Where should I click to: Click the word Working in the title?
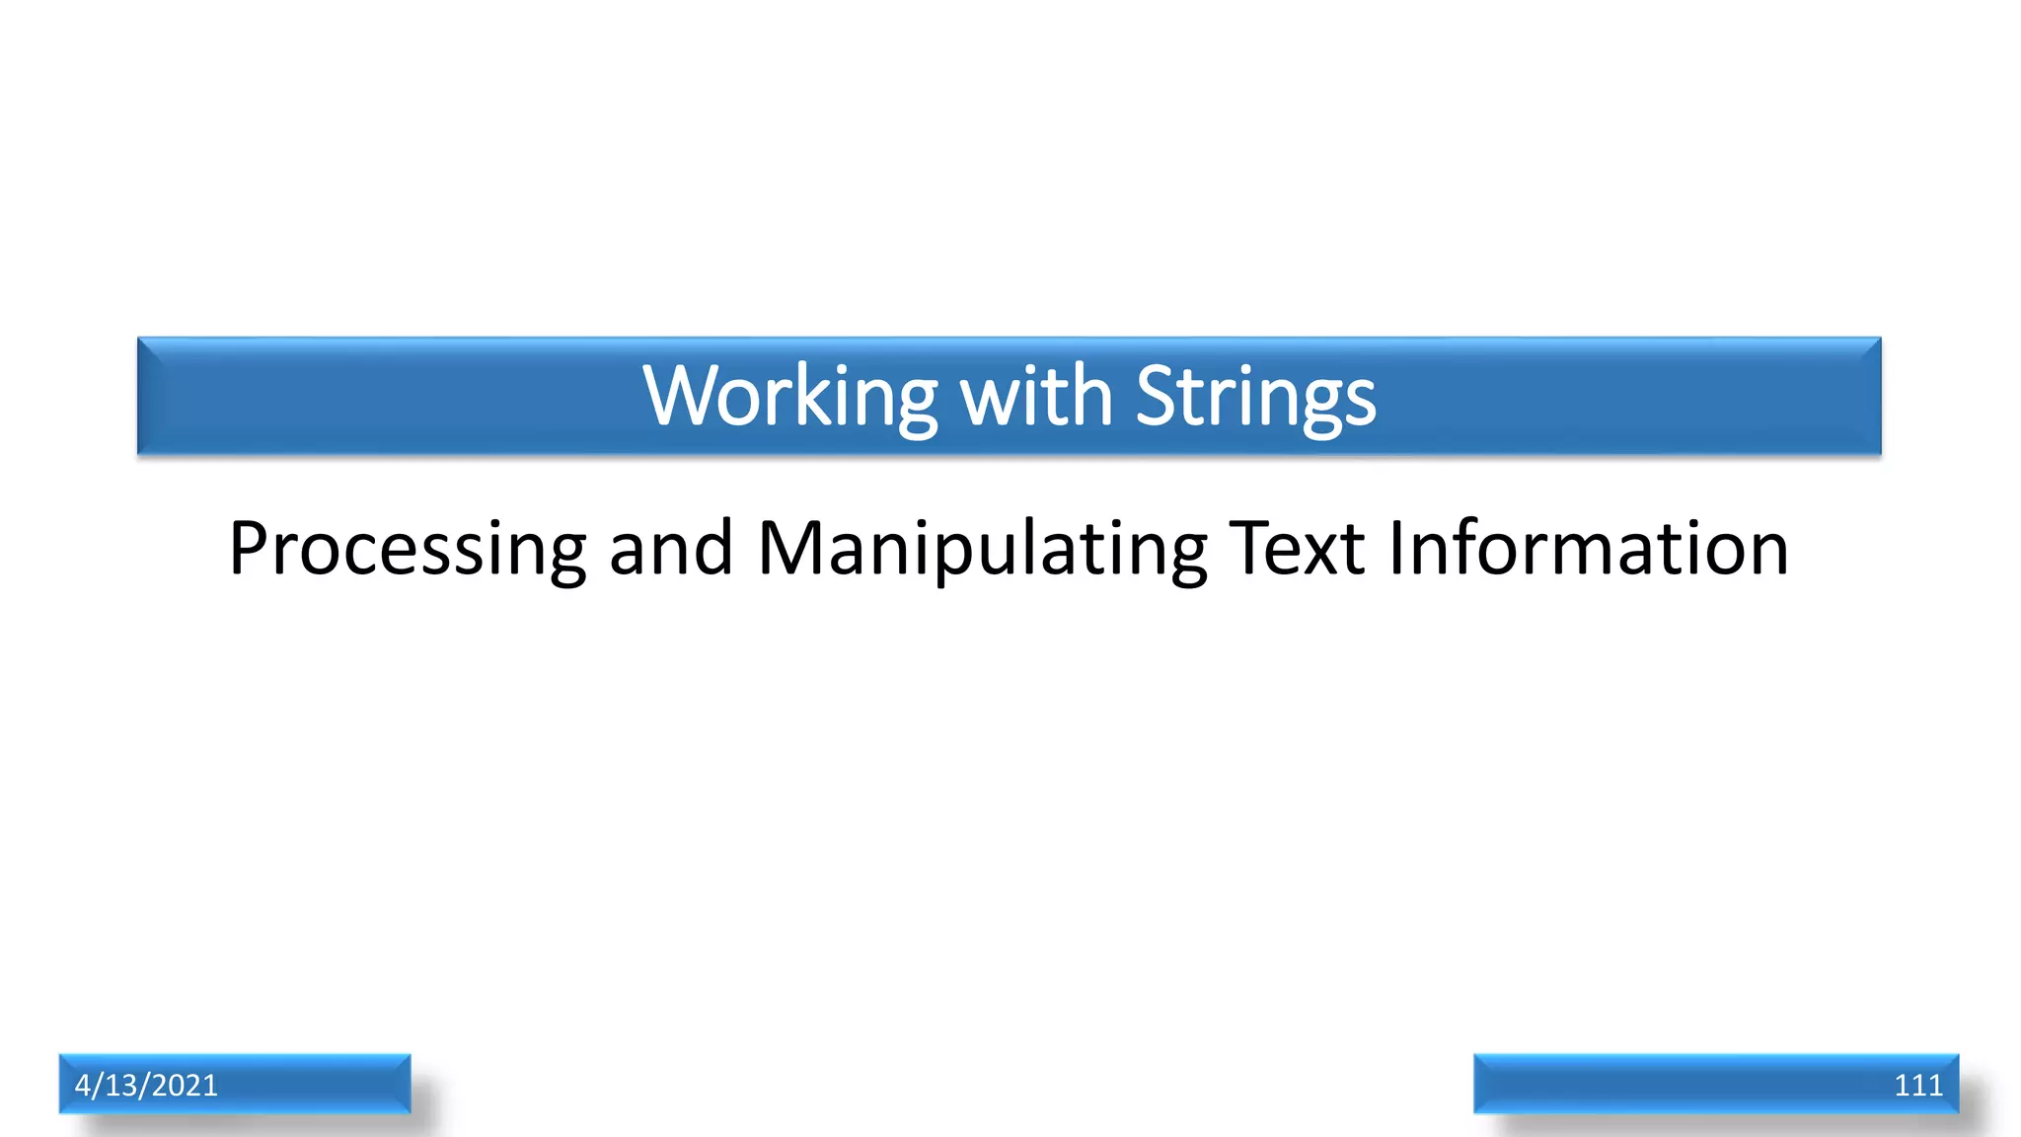(x=789, y=397)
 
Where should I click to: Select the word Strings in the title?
(x=1255, y=397)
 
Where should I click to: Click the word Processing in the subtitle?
(x=408, y=549)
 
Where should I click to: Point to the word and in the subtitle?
(x=671, y=549)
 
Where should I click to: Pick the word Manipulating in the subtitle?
(x=982, y=549)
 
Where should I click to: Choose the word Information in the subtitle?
(x=1588, y=549)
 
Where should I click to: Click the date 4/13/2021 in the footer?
(x=146, y=1085)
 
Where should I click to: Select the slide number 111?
(x=1917, y=1085)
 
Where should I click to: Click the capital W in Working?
(x=678, y=397)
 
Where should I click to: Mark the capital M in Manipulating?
(x=789, y=549)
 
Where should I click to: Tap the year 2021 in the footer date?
(x=185, y=1085)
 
